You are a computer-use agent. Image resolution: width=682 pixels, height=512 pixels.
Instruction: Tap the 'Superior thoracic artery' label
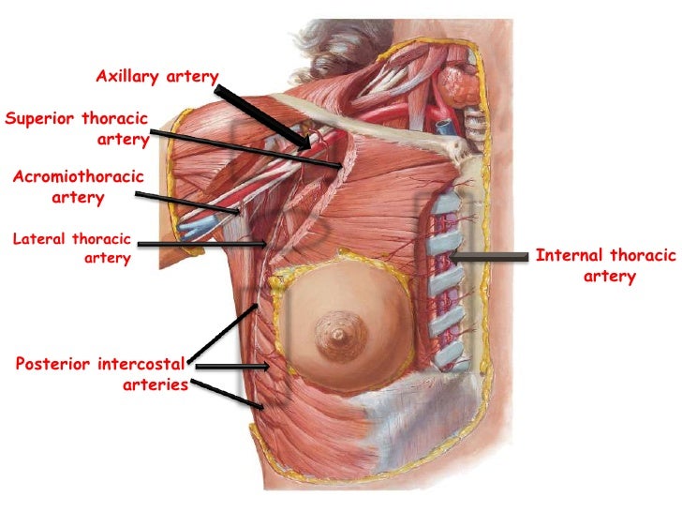point(77,129)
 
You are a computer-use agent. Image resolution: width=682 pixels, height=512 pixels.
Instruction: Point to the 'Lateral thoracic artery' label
point(72,248)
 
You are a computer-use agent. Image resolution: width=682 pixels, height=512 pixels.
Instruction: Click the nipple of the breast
point(334,331)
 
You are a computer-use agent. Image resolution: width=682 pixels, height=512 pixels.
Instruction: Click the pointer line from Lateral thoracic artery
point(200,246)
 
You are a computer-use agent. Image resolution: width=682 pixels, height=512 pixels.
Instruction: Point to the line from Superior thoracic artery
point(244,148)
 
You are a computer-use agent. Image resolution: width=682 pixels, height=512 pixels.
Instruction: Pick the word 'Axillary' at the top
point(128,76)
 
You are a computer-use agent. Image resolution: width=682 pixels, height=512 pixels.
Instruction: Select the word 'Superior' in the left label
point(39,119)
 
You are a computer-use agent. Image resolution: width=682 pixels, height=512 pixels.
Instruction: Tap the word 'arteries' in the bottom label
point(156,384)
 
